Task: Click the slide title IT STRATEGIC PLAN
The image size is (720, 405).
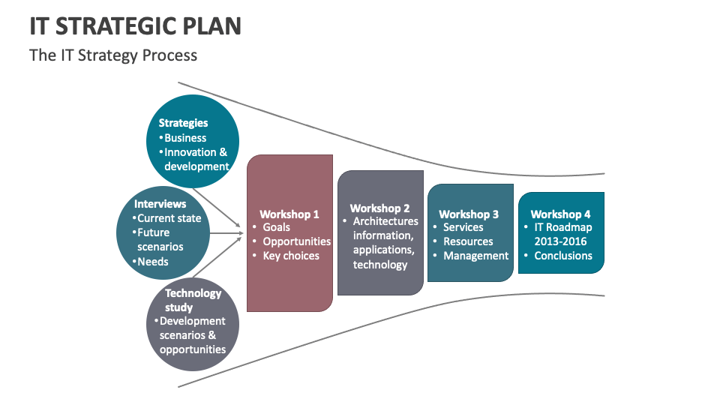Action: [135, 26]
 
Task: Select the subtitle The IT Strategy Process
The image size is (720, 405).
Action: [113, 55]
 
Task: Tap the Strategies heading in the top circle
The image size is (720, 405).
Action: [183, 123]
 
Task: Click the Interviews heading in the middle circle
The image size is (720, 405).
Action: [160, 204]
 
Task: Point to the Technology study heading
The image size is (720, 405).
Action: [193, 300]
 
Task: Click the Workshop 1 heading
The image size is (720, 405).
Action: [289, 214]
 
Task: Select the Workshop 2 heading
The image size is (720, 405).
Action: [379, 208]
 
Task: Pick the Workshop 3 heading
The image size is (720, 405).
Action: [469, 214]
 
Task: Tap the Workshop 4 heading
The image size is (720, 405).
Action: [560, 214]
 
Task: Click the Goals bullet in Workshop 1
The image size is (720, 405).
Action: [276, 227]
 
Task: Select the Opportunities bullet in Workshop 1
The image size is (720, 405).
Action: [296, 241]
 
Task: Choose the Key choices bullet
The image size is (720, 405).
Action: [291, 256]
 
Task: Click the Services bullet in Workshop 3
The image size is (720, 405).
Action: [463, 227]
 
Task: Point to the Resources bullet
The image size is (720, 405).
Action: [468, 241]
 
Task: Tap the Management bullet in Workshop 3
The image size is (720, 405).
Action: [475, 256]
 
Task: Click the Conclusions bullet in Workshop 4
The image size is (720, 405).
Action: [563, 256]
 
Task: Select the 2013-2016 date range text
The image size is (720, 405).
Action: [560, 241]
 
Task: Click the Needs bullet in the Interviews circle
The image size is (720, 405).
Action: [153, 262]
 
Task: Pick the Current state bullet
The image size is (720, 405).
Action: [169, 218]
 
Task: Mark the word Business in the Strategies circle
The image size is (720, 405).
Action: [185, 138]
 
